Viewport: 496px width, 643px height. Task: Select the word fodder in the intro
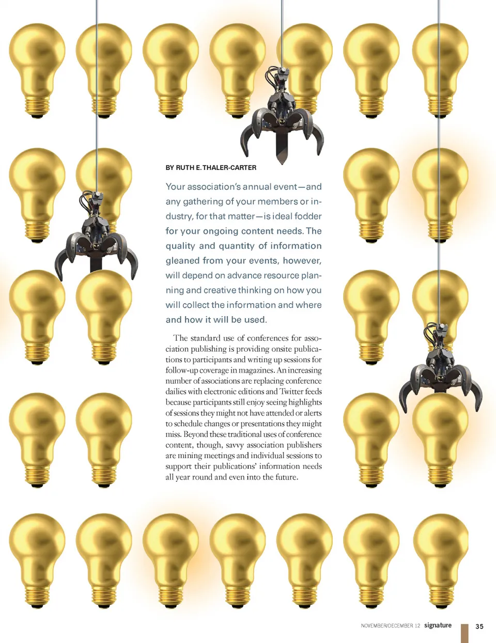tap(308, 216)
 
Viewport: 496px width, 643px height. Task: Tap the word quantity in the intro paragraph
tap(236, 246)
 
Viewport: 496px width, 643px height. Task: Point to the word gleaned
tap(182, 260)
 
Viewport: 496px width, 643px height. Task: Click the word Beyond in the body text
tap(196, 434)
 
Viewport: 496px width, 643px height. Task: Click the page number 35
tap(479, 626)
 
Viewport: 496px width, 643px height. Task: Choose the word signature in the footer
tap(438, 625)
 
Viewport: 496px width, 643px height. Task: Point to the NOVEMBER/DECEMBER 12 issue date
tap(391, 626)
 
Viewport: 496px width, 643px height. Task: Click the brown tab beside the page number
tap(464, 633)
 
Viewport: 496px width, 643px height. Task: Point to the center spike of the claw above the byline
tap(282, 150)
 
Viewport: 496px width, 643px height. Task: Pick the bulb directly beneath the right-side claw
tap(440, 439)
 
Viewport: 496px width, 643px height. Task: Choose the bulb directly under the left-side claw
tap(104, 315)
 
